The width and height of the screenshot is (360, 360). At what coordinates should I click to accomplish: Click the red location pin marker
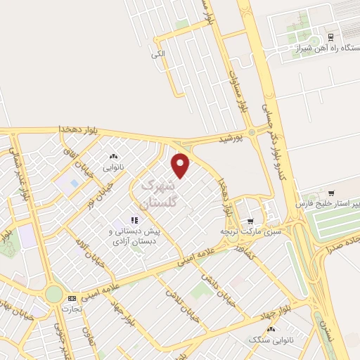point(181,166)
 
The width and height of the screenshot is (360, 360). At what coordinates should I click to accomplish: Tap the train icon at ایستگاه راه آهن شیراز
point(331,37)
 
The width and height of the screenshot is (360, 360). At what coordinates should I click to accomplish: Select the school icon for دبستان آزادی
point(134,220)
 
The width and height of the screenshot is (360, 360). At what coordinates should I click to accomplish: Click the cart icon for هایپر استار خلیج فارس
point(331,192)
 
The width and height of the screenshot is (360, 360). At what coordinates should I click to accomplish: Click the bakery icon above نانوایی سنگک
point(271,329)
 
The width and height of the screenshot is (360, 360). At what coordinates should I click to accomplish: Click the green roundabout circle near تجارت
point(54,294)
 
